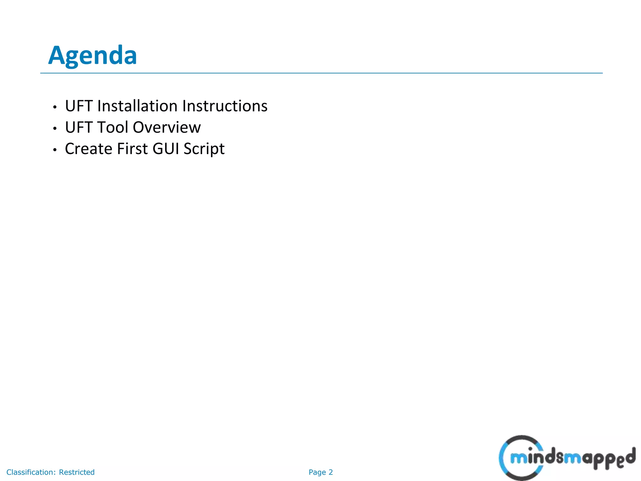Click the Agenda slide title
(93, 55)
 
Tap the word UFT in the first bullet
(79, 106)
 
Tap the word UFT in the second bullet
(79, 127)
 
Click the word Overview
(167, 127)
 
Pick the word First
(132, 149)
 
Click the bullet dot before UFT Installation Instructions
(55, 107)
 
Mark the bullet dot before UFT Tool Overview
(55, 129)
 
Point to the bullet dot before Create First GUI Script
(55, 150)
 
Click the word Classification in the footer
(31, 472)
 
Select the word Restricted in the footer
(77, 472)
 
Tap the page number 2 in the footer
(331, 472)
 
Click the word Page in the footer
(317, 473)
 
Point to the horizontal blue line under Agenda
(321, 73)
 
